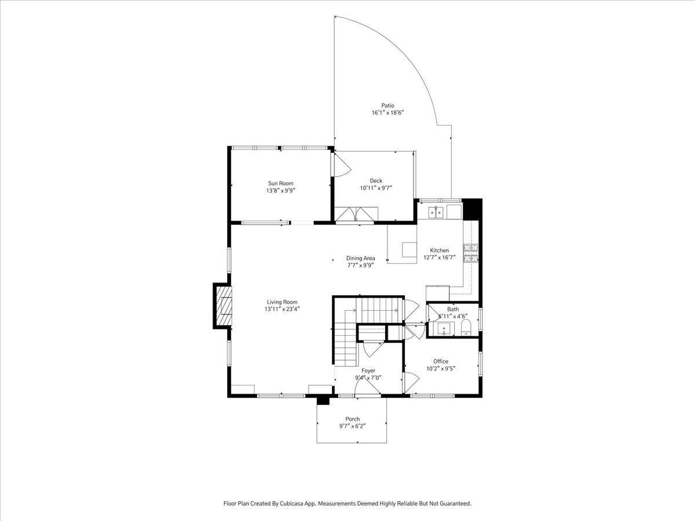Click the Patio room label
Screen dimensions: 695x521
tap(387, 105)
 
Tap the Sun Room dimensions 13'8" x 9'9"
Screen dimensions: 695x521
tap(280, 190)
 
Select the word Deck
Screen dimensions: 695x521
tap(376, 181)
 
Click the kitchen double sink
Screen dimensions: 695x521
tap(436, 212)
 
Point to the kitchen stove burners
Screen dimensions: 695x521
tap(471, 253)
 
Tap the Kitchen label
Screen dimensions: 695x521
tap(439, 250)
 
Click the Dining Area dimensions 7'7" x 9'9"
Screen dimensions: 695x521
tap(361, 265)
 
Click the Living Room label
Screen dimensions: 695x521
tap(282, 302)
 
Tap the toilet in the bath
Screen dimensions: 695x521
tap(466, 327)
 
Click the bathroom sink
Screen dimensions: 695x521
tap(446, 329)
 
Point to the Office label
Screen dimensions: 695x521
tap(441, 361)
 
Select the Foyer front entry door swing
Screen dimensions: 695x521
tap(367, 386)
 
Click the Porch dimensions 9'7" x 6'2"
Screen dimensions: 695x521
tap(352, 426)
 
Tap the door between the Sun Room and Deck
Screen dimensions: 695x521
tap(341, 164)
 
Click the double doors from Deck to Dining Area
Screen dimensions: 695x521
tap(356, 214)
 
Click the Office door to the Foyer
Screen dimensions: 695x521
tap(411, 383)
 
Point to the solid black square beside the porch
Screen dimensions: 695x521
tap(323, 401)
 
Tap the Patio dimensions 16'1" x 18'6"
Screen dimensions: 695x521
tap(387, 113)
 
